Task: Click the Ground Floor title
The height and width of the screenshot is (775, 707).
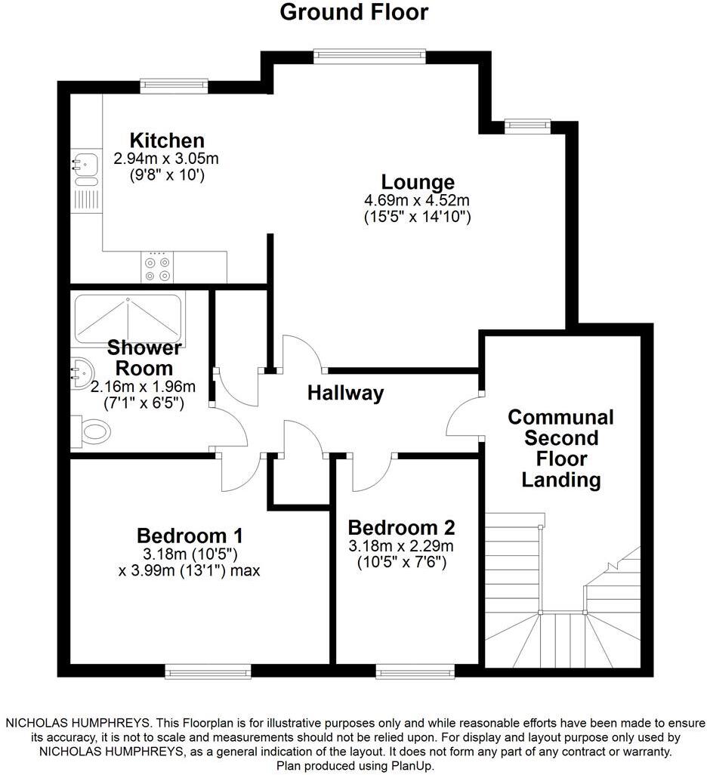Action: click(353, 13)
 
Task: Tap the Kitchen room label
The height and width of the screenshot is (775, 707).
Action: click(167, 140)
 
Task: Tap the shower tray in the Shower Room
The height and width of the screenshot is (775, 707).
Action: click(128, 318)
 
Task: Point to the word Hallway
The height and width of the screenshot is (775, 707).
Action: click(345, 393)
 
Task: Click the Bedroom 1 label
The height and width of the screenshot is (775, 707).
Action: click(190, 536)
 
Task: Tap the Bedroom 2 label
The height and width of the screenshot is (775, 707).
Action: click(401, 527)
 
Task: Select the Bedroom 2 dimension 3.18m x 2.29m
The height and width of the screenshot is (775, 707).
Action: click(401, 545)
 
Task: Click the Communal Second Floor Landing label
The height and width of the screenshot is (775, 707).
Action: click(560, 448)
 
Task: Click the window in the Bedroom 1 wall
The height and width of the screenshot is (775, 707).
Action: click(208, 672)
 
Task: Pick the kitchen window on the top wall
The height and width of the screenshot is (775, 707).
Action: click(174, 86)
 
